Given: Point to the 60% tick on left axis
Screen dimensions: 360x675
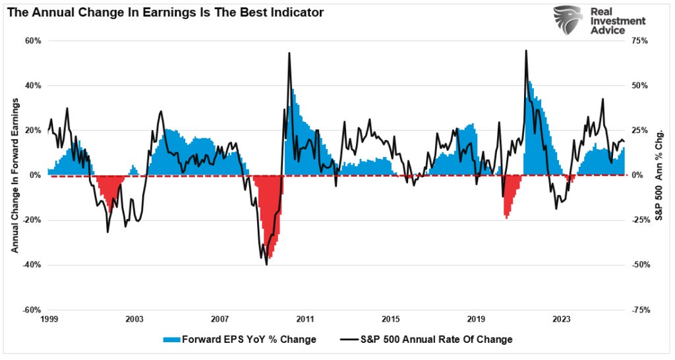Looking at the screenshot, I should (x=34, y=41).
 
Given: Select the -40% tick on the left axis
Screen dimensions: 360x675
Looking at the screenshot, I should (x=32, y=265).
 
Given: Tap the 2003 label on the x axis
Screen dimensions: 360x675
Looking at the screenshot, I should (x=134, y=319).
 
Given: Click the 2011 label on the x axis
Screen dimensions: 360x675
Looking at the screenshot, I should (x=305, y=319).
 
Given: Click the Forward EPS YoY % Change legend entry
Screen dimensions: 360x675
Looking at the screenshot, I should (x=239, y=340).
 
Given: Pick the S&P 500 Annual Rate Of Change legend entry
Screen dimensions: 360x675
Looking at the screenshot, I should (x=426, y=340).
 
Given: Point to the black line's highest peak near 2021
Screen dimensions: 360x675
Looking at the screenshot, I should (x=525, y=51).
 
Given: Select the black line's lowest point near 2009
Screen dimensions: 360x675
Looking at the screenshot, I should (x=266, y=264).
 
